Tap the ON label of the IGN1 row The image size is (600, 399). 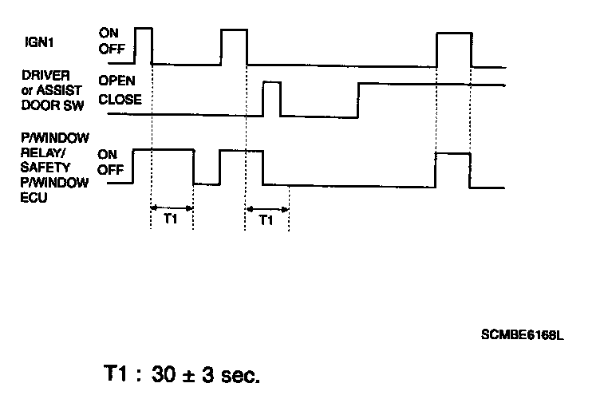[108, 33]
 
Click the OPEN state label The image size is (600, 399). [116, 81]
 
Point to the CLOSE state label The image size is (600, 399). [120, 100]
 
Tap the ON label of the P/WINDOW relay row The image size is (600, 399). [108, 154]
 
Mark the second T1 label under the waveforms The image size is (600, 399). [267, 220]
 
